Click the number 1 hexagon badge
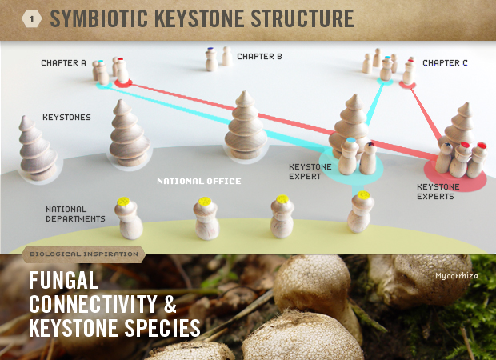[32, 18]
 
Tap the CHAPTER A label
[64, 62]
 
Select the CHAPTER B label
[259, 57]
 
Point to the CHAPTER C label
[445, 62]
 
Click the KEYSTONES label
[66, 117]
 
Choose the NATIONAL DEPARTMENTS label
[75, 214]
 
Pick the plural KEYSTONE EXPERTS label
[438, 191]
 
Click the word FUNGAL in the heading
[63, 281]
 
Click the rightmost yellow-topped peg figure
[361, 212]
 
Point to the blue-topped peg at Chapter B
[210, 59]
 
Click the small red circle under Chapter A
[123, 82]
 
